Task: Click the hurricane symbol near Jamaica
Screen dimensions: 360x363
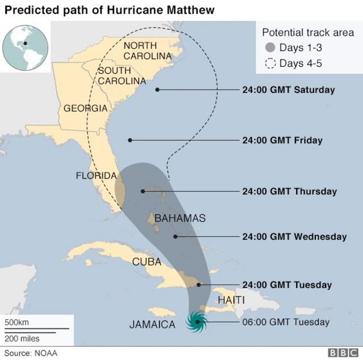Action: click(197, 322)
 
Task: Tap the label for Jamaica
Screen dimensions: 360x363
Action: click(152, 325)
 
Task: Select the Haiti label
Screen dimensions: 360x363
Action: click(231, 299)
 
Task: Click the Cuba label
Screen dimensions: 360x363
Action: click(146, 262)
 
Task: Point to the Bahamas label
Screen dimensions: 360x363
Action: click(180, 218)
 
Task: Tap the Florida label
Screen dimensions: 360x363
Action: click(96, 176)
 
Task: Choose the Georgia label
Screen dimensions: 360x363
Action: click(85, 108)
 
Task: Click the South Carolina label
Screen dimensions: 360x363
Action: click(121, 76)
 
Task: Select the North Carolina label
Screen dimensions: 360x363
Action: click(147, 50)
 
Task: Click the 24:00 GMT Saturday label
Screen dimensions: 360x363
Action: click(288, 90)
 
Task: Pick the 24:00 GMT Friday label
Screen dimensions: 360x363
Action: click(282, 140)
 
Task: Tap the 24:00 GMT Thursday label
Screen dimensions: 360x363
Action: click(289, 191)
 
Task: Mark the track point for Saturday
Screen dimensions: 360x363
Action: click(157, 90)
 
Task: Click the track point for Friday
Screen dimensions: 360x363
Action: click(130, 140)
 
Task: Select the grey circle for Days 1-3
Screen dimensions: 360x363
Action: click(271, 48)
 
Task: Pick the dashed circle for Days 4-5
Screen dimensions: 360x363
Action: click(271, 63)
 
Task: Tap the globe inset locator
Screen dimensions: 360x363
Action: click(25, 47)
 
